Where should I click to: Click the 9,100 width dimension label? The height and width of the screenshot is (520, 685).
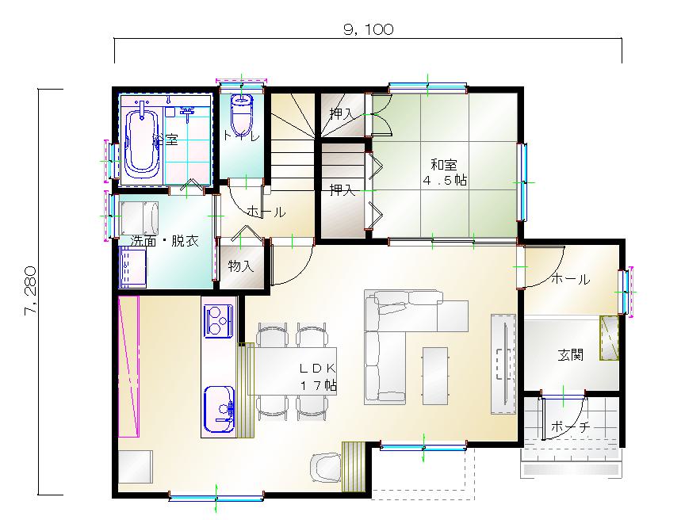369,29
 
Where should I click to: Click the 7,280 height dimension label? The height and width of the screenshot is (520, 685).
31,290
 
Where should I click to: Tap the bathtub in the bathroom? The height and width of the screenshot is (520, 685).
142,142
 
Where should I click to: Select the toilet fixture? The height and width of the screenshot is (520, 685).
241,115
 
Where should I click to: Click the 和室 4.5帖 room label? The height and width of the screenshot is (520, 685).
444,173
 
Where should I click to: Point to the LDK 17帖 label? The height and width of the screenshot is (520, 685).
318,377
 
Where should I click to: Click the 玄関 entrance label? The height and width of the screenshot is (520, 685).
571,354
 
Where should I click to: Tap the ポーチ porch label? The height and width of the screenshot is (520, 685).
571,426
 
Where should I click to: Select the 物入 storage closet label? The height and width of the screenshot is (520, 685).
241,266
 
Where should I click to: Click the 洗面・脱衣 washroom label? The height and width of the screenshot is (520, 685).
165,240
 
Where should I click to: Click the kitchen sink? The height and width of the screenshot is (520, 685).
220,409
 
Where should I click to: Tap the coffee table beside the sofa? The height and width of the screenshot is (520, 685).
435,376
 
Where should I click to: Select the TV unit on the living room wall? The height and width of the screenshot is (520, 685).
503,364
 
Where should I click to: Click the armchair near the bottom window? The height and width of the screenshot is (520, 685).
326,468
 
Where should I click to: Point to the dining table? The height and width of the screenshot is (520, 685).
293,371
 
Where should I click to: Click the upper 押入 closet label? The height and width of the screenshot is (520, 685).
342,113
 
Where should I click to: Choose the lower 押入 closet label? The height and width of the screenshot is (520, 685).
342,190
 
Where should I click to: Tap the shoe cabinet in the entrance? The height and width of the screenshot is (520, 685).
609,338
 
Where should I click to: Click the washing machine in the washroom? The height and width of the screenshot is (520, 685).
140,218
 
